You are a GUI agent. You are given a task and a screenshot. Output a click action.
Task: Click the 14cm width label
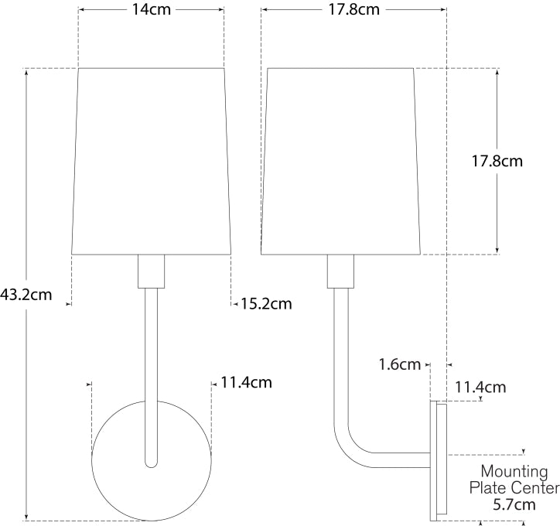coord(151,10)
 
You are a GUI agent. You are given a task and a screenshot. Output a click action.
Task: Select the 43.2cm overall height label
coord(26,294)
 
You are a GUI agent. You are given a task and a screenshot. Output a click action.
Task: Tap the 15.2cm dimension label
coord(265,304)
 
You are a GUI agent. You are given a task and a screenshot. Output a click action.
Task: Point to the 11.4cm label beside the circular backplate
coord(246,382)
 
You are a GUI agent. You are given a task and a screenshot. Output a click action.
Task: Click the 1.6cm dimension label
coord(400,364)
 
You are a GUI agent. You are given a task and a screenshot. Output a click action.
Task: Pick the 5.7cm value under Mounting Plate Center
coord(514,504)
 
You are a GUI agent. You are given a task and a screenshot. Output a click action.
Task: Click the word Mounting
coord(514,471)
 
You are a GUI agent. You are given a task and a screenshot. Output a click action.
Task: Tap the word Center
coord(534,488)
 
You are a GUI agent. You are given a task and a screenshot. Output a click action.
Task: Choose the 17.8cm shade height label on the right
coord(497,162)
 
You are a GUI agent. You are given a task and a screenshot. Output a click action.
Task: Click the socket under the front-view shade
coord(151,272)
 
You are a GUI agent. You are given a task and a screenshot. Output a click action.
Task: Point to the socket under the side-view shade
coord(340,272)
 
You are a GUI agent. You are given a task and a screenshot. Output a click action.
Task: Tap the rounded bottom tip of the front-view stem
coord(151,462)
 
